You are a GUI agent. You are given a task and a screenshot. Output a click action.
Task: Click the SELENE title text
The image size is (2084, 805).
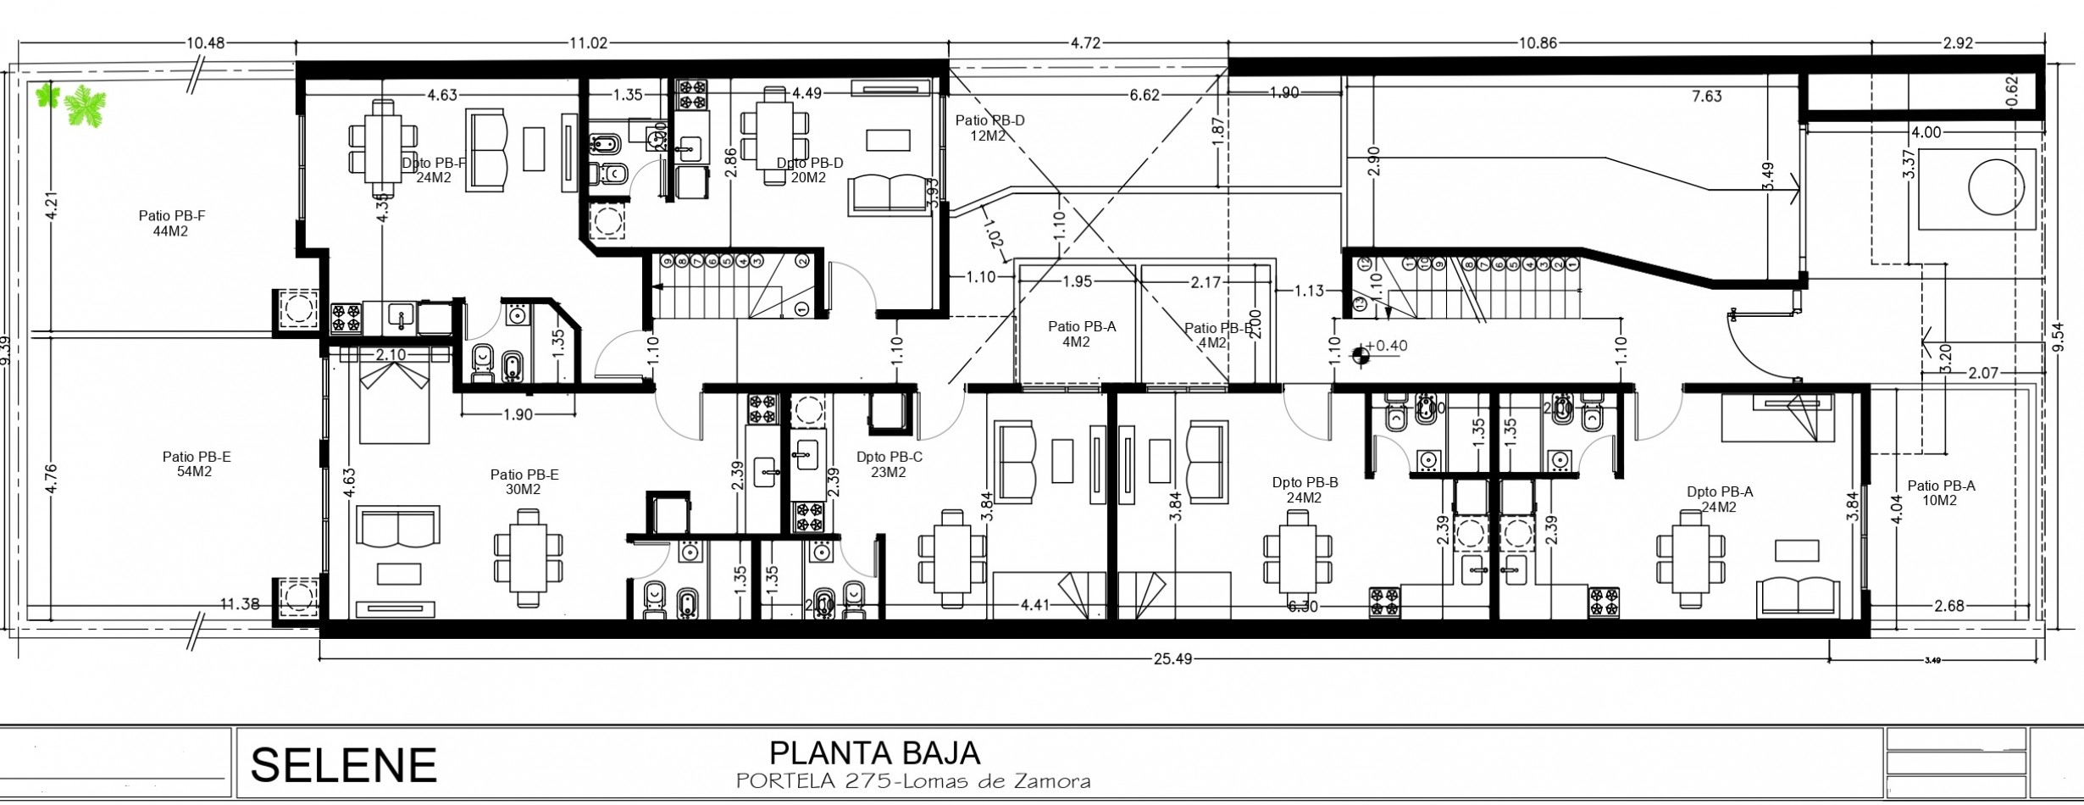coord(343,766)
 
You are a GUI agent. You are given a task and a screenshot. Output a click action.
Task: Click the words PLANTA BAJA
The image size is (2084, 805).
coord(874,752)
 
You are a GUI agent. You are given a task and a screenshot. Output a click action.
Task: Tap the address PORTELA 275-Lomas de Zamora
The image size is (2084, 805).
coord(912,781)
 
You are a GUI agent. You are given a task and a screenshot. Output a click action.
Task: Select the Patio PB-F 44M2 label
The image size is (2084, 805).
coord(172,224)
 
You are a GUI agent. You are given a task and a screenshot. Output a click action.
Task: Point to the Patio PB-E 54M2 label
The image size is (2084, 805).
coord(196,464)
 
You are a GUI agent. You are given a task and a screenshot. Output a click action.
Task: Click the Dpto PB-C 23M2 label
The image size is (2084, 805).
coord(889,464)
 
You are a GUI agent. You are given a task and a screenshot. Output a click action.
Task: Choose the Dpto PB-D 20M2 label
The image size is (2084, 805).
coord(809,170)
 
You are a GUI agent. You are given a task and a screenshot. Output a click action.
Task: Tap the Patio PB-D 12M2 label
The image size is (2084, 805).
coord(989,128)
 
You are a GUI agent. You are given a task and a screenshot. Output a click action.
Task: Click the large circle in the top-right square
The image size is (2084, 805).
coord(1997,189)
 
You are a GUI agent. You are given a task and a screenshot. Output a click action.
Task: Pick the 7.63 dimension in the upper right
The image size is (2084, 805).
coord(1706,97)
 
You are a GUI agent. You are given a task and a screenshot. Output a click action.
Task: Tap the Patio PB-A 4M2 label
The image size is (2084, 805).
coord(1081,334)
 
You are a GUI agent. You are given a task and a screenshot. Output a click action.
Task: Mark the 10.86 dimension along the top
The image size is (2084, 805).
coord(1537,44)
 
